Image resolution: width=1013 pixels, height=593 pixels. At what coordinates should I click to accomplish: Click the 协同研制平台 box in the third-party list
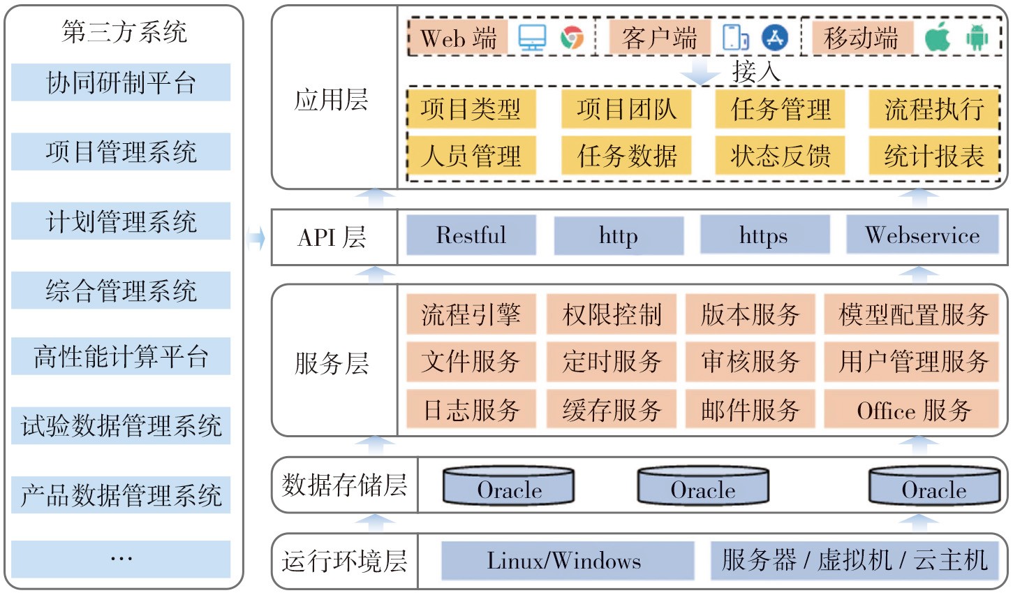click(121, 82)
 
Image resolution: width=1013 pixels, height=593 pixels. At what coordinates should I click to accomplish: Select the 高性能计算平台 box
click(121, 356)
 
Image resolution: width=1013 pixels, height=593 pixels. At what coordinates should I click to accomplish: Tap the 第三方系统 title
click(124, 31)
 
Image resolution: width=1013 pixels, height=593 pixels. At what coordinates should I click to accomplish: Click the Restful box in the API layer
click(471, 235)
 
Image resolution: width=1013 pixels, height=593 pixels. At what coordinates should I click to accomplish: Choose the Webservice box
click(922, 235)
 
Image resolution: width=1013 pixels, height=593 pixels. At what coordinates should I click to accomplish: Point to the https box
click(764, 235)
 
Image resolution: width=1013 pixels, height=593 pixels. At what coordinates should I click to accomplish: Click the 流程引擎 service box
click(471, 314)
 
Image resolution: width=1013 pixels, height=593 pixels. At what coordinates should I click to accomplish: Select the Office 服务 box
click(915, 409)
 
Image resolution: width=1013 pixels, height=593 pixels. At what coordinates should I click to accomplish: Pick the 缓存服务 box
click(612, 409)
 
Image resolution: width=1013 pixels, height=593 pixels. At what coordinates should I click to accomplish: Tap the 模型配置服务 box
click(915, 314)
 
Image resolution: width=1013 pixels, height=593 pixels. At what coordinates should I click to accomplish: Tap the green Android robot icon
click(977, 38)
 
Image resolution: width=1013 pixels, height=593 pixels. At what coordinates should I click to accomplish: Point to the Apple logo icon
click(938, 38)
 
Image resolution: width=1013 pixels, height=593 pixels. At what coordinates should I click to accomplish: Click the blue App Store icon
click(774, 38)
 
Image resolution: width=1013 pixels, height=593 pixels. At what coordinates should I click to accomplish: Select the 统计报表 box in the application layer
click(934, 156)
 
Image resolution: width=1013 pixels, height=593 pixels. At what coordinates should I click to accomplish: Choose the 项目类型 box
click(471, 109)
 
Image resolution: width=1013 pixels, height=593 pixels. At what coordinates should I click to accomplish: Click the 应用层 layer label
click(332, 100)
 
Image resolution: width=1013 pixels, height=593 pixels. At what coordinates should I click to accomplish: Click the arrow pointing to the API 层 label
click(256, 238)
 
